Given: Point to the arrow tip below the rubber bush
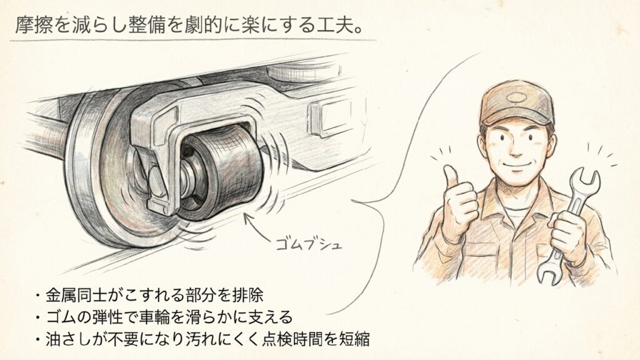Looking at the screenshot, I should (245, 216).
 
